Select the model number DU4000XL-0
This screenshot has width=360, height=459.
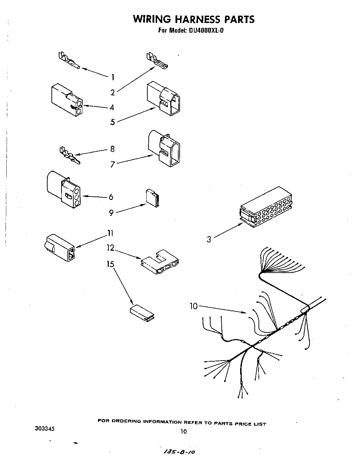coord(206,30)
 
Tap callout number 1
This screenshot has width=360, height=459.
coord(112,77)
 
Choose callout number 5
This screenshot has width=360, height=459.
coord(113,122)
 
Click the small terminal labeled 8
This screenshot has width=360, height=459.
coord(69,154)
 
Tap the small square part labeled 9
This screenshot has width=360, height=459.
coord(153,199)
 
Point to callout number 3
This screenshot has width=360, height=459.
coord(209,239)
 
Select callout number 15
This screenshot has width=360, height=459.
coord(110,264)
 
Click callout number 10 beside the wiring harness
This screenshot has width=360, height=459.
coord(194,306)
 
